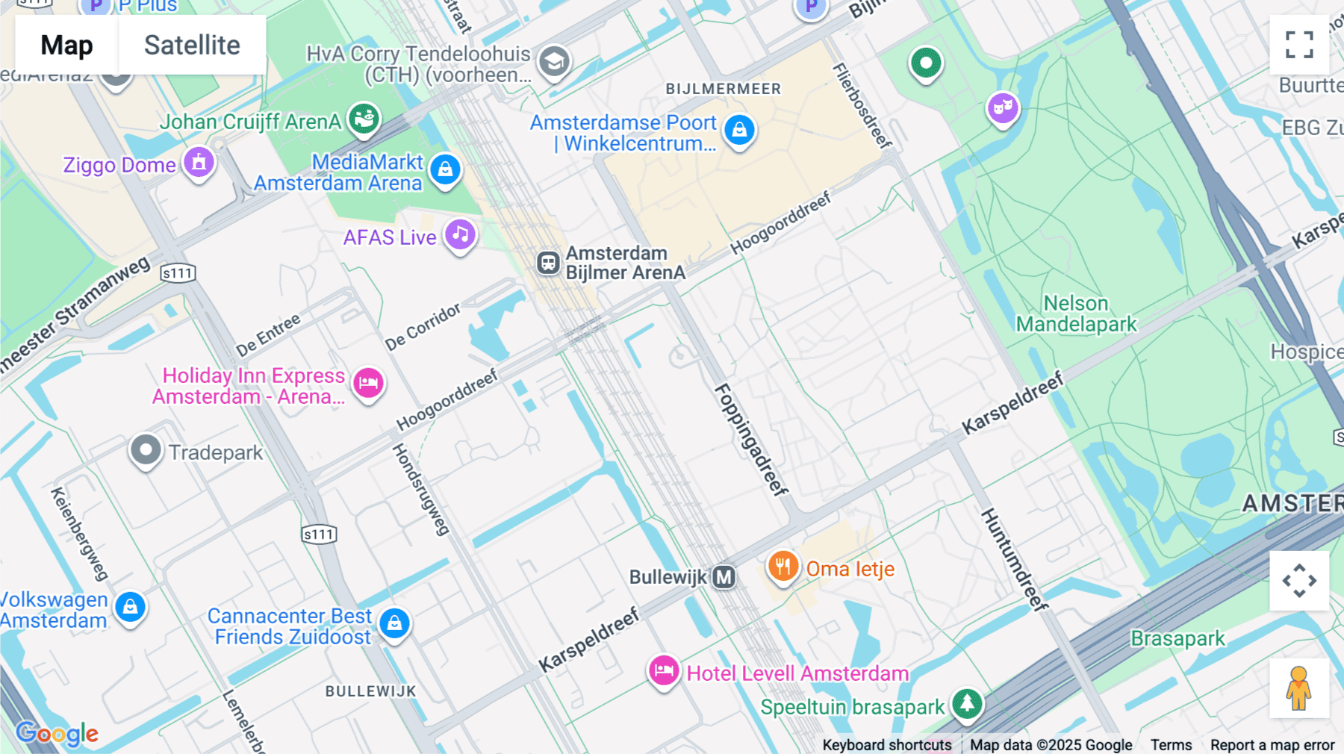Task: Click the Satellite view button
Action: click(x=192, y=45)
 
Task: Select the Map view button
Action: click(x=66, y=45)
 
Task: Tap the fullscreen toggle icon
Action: click(x=1299, y=45)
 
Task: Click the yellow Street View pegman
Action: click(x=1299, y=688)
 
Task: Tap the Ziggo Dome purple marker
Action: click(x=199, y=163)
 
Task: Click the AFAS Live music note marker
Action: click(x=461, y=235)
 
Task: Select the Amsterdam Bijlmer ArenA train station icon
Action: click(x=548, y=263)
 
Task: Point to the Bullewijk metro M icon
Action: click(x=724, y=577)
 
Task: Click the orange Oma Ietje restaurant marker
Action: click(x=783, y=567)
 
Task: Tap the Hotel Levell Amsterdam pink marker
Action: click(x=663, y=671)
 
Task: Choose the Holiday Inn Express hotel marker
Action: click(x=368, y=384)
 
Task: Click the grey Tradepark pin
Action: click(x=146, y=451)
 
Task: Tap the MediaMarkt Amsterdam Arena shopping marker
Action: click(x=446, y=170)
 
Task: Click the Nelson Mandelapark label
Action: click(x=1076, y=314)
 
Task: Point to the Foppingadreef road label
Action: click(x=751, y=440)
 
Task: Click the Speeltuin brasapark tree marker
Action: click(x=967, y=703)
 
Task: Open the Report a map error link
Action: click(x=1272, y=744)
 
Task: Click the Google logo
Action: click(x=57, y=733)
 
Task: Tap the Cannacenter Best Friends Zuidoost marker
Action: click(x=394, y=623)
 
